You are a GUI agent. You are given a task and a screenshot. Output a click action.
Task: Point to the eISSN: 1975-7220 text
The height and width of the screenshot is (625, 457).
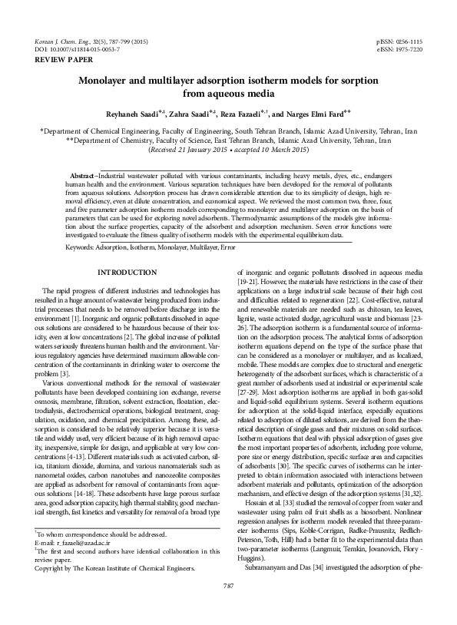click(x=399, y=48)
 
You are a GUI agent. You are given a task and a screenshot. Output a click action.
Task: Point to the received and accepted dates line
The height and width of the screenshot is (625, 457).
click(x=228, y=151)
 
